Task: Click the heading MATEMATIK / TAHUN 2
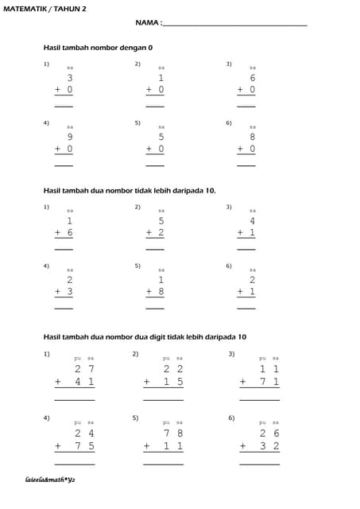pos(45,7)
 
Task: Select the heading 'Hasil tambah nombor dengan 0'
pos(98,48)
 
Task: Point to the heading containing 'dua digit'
pos(145,336)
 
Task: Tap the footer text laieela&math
pos(50,480)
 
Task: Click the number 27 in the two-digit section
pos(85,369)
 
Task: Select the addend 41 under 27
pos(85,382)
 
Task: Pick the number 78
pos(173,433)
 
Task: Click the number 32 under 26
pos(269,445)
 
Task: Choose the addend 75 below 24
pos(85,445)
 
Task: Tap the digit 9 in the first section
pos(70,137)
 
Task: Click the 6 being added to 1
pos(70,232)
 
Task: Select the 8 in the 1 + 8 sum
pos(161,292)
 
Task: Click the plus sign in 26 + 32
pos(242,446)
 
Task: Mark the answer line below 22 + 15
pos(164,399)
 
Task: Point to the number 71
pos(269,382)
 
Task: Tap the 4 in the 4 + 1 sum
pos(252,220)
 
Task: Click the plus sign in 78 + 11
pos(147,446)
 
